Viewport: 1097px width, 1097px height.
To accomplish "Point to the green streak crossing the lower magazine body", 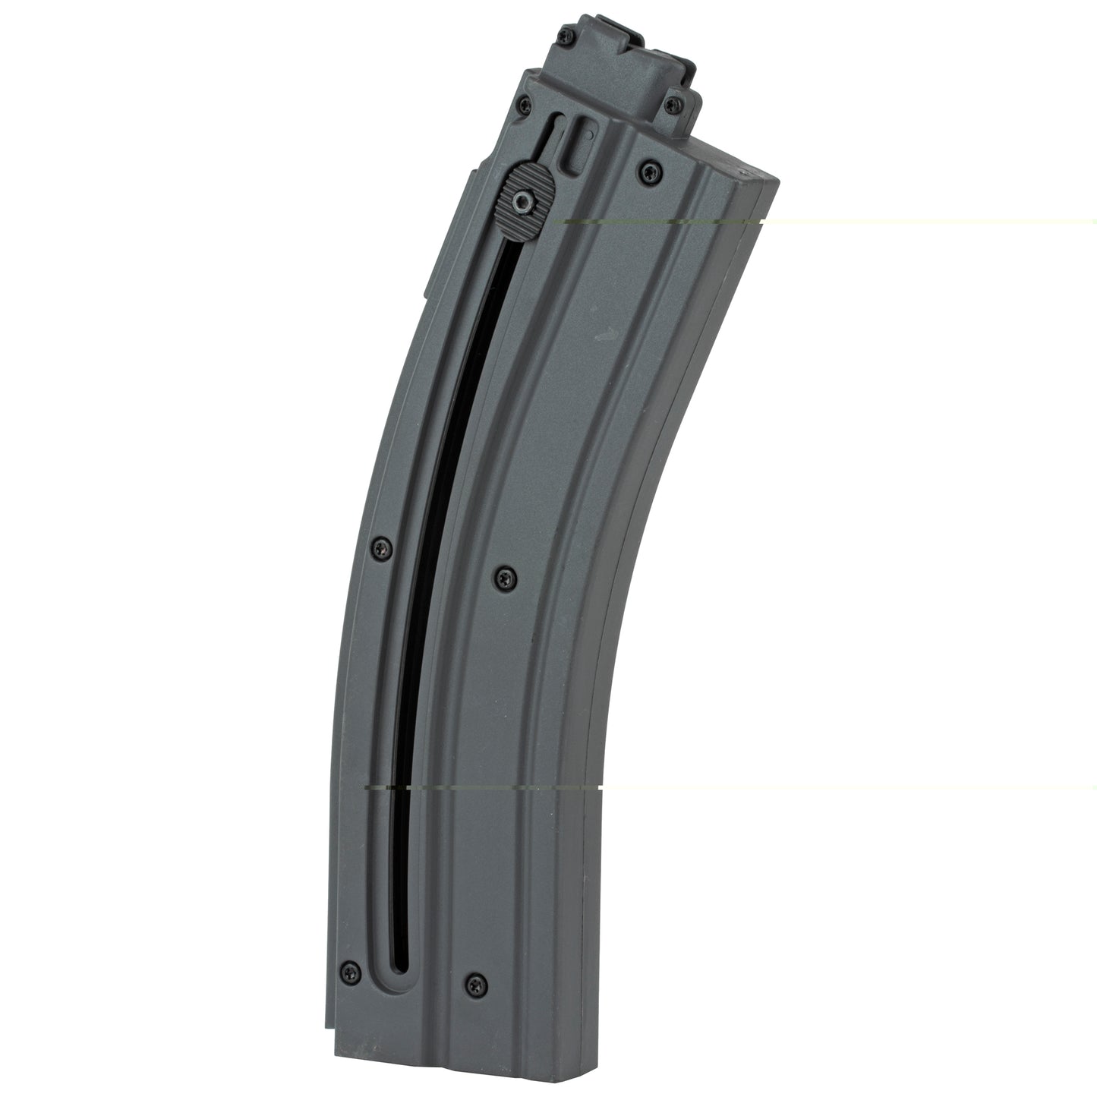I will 478,788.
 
